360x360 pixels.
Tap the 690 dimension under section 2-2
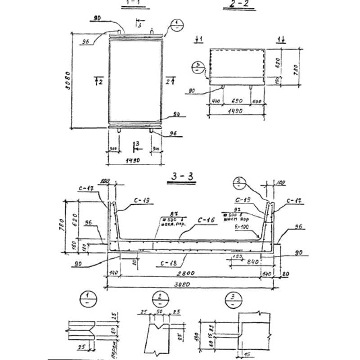click(237, 101)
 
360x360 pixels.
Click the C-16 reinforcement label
click(205, 221)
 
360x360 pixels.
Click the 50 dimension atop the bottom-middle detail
click(159, 312)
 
